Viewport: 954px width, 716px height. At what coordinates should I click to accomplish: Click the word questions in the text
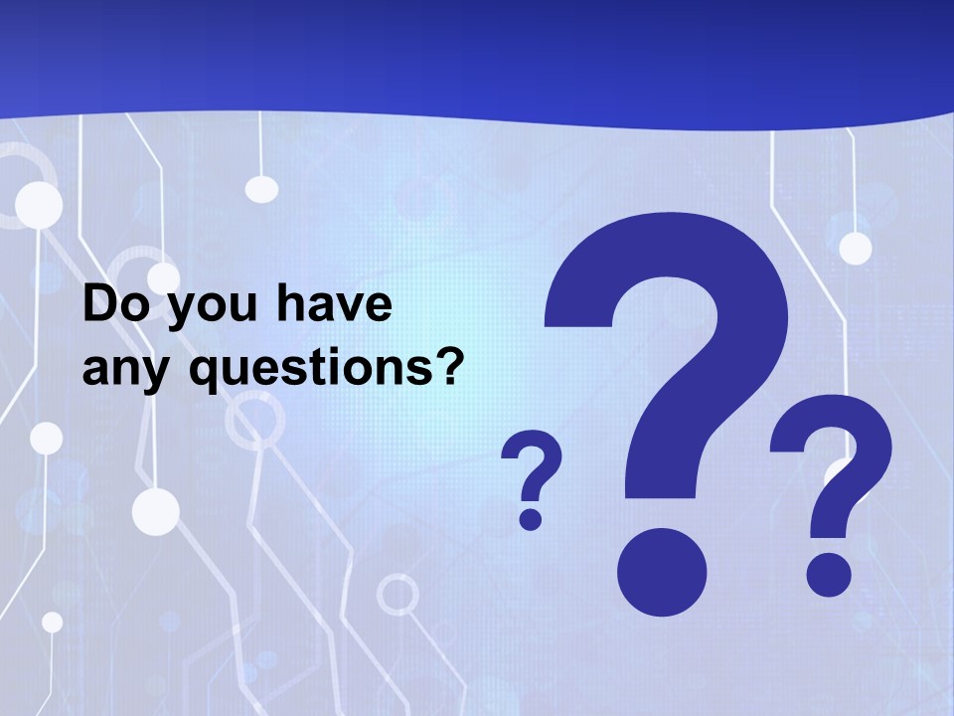pyautogui.click(x=301, y=371)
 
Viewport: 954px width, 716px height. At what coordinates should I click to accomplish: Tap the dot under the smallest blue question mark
pyautogui.click(x=531, y=518)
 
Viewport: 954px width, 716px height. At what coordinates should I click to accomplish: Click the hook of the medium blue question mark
pyautogui.click(x=833, y=457)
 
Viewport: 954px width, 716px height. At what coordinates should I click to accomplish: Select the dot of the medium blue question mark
pyautogui.click(x=829, y=574)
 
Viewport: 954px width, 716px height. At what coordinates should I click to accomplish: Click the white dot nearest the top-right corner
pyautogui.click(x=855, y=248)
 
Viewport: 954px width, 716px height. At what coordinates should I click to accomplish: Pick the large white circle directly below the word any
pyautogui.click(x=155, y=511)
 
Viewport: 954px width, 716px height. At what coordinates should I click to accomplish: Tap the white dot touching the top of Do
pyautogui.click(x=162, y=277)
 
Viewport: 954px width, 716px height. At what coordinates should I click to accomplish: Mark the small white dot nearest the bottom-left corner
pyautogui.click(x=52, y=622)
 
